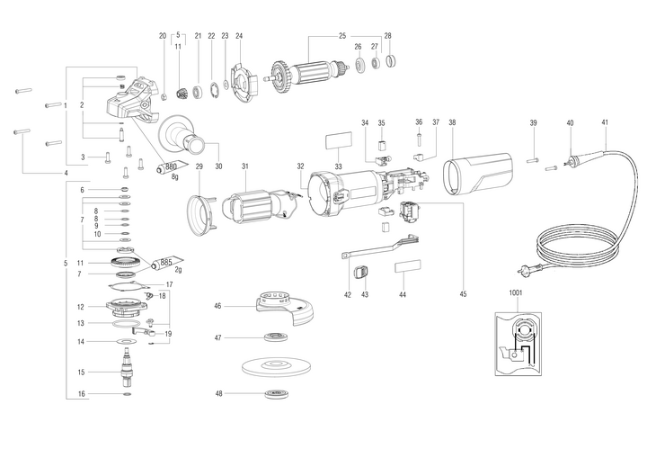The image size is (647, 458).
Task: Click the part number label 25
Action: click(x=341, y=35)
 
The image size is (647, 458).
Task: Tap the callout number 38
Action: click(x=452, y=122)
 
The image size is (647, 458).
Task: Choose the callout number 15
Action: click(x=80, y=372)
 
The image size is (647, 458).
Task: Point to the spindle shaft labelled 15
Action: click(x=126, y=370)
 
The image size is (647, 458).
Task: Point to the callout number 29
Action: click(x=199, y=166)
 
